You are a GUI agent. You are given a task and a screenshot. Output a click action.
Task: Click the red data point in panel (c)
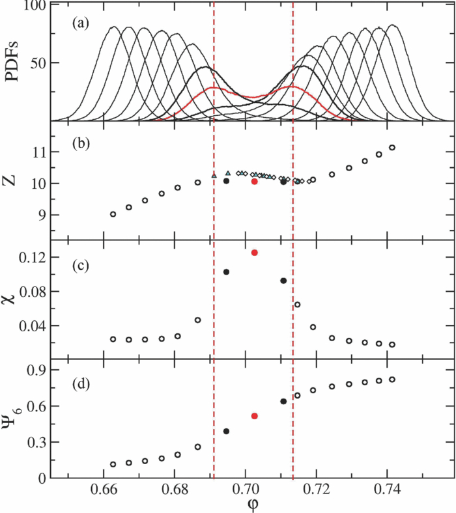[x=255, y=253]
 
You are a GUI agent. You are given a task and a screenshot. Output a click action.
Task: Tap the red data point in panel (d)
[x=255, y=415]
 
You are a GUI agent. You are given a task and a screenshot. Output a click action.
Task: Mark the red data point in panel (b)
[x=255, y=182]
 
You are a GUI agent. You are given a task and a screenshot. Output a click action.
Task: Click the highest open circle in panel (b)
[x=392, y=148]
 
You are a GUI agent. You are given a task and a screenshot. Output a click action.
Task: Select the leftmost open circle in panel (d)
[x=113, y=464]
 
